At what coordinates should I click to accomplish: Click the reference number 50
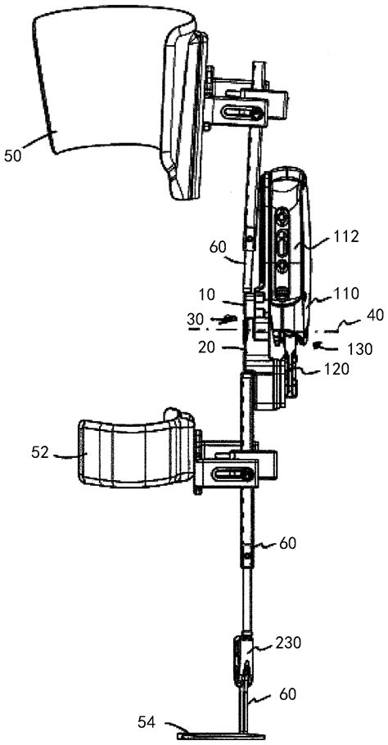coord(13,156)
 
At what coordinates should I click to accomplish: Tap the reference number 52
coord(40,453)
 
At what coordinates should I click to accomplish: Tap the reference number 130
coord(360,348)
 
